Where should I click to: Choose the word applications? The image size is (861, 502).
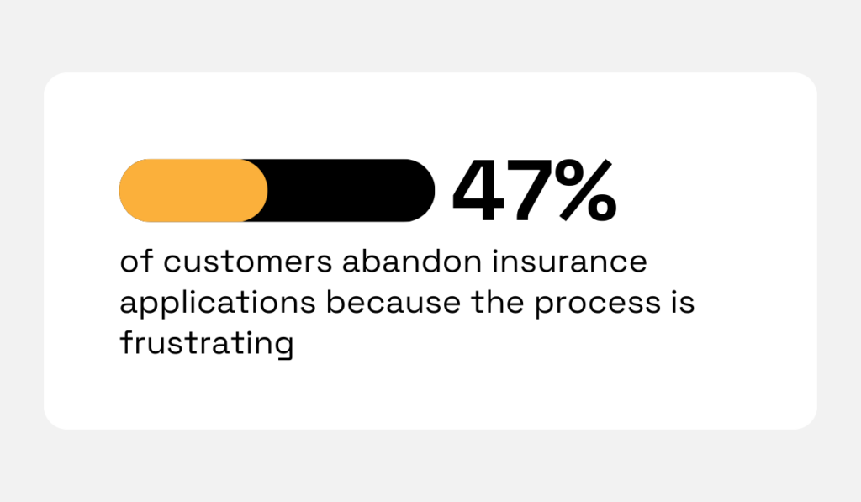(217, 304)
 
